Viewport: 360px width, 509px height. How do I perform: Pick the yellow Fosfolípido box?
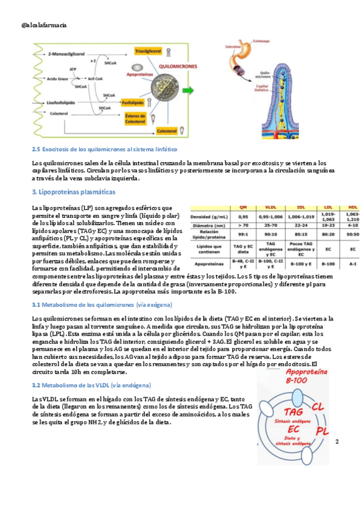coord(134,103)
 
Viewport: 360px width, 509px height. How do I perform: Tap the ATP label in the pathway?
coord(73,70)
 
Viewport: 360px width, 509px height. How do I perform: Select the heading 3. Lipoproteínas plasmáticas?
coord(74,193)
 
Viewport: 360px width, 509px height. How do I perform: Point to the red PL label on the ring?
coord(322,430)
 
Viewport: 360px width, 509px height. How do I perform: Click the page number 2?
coord(337,442)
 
